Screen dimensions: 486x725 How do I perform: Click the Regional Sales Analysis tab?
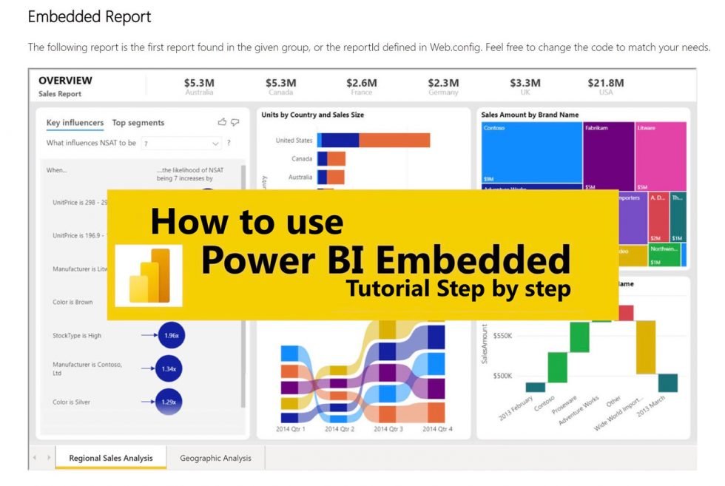coord(111,458)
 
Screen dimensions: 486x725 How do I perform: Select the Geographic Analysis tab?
coord(215,458)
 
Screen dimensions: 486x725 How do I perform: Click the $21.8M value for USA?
coord(605,83)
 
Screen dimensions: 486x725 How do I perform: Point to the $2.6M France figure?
coord(361,83)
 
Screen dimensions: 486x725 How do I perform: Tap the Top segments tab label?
coord(138,123)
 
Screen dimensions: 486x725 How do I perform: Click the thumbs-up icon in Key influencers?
coord(222,122)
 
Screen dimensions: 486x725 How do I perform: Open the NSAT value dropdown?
coord(181,144)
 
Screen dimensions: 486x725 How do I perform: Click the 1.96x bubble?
coord(170,335)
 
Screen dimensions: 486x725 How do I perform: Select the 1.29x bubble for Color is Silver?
coord(169,402)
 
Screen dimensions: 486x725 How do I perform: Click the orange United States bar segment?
coord(394,141)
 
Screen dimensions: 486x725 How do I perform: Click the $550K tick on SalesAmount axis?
coord(502,336)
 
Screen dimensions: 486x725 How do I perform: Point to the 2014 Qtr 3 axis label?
coord(388,429)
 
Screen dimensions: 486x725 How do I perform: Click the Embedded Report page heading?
coord(89,16)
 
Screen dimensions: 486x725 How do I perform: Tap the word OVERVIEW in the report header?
coord(65,80)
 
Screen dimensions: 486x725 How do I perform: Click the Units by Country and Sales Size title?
coord(312,115)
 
